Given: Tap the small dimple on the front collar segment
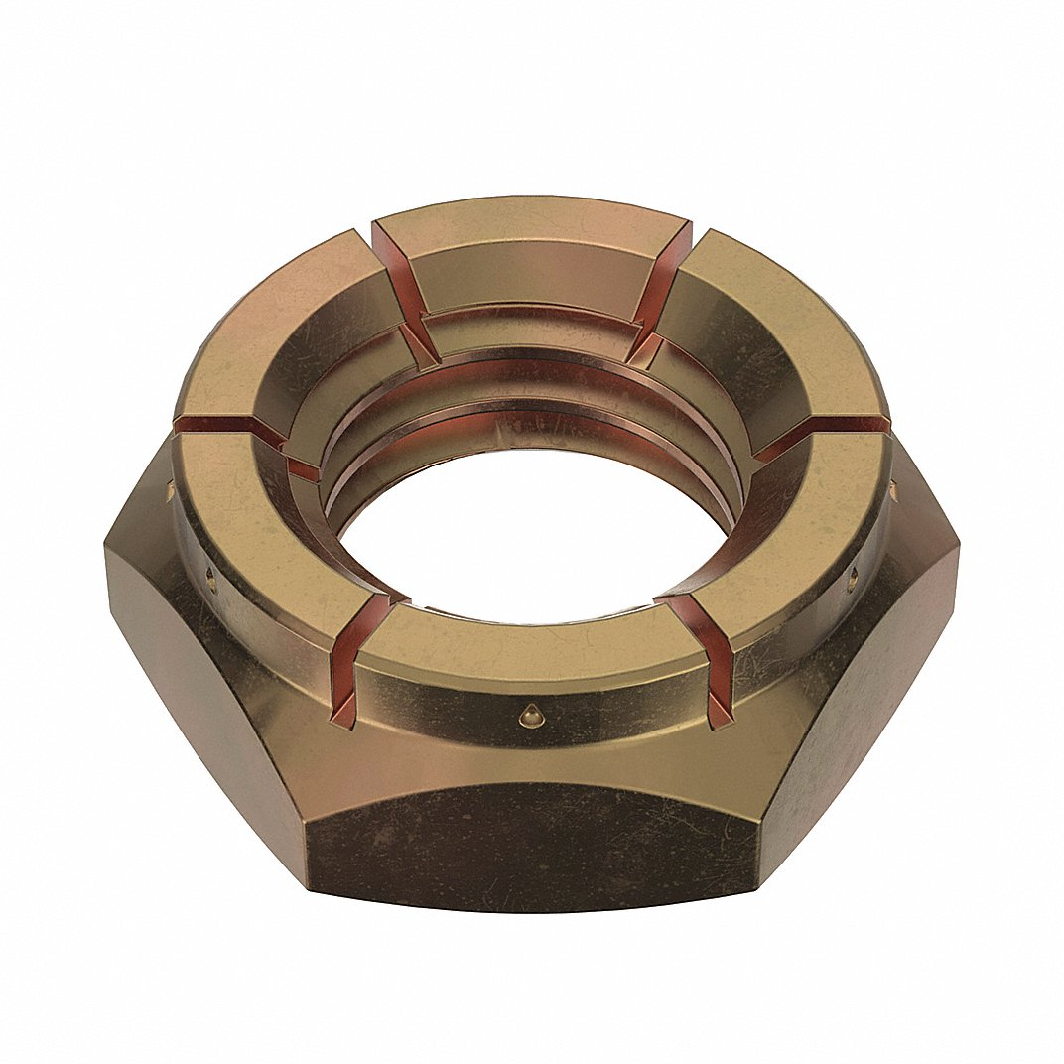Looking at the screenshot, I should pos(533,713).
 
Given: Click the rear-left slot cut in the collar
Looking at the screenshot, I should pos(397,288).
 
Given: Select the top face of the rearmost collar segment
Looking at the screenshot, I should pos(532,228).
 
